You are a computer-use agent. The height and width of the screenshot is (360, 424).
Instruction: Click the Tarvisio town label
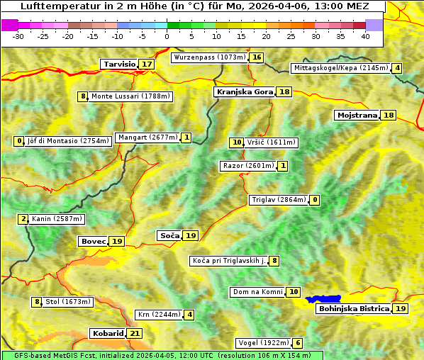(x=119, y=64)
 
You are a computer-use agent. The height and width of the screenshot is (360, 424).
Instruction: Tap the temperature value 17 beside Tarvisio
(x=147, y=64)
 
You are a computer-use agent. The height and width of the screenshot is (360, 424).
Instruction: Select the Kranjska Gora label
(x=244, y=92)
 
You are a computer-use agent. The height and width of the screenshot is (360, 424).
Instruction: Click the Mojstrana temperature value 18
(x=388, y=116)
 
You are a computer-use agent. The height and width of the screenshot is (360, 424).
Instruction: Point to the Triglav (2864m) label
(x=279, y=200)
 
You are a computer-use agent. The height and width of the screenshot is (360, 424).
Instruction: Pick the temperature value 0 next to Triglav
(x=315, y=200)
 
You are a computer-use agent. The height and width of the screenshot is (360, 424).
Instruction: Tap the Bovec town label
(x=93, y=242)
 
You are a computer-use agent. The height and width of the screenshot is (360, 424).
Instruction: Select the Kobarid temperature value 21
(x=135, y=334)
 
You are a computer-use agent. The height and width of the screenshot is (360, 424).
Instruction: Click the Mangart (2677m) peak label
(x=147, y=137)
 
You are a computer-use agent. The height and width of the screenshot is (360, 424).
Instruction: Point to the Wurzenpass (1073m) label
(x=210, y=57)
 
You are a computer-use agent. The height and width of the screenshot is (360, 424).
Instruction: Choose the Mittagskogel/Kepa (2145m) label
(x=341, y=68)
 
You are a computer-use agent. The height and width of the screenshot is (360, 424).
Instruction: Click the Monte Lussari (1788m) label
(x=130, y=96)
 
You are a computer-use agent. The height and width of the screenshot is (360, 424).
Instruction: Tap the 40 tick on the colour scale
(x=365, y=35)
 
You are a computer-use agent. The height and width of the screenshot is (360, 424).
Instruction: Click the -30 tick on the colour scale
(x=18, y=35)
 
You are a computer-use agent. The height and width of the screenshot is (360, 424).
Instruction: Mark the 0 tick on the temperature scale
(x=167, y=35)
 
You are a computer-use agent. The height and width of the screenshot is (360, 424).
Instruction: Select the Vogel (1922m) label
(x=262, y=343)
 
